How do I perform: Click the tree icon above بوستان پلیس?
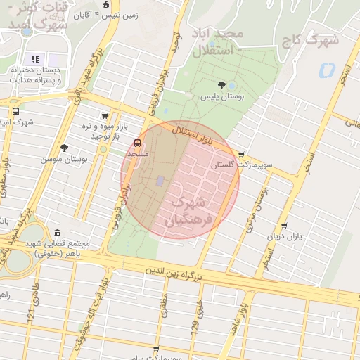click(221, 86)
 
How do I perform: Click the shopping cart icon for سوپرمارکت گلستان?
click(242, 154)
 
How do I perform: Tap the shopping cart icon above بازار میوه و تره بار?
click(105, 116)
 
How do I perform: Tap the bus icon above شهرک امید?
click(15, 110)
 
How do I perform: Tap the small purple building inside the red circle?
click(160, 181)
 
